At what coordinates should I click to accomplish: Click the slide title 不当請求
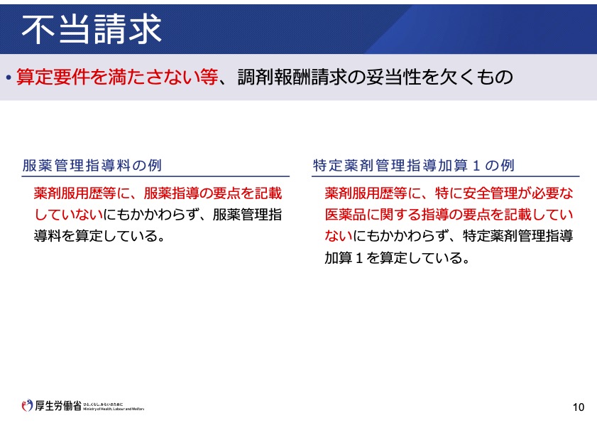(x=92, y=29)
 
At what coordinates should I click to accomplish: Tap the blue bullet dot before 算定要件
(x=9, y=78)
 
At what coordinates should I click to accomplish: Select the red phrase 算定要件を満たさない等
(x=117, y=77)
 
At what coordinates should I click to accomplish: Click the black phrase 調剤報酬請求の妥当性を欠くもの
(x=375, y=77)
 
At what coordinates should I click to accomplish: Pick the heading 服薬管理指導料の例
(x=92, y=166)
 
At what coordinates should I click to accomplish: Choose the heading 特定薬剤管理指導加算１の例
(x=414, y=166)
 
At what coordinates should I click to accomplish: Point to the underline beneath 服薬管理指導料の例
(x=155, y=176)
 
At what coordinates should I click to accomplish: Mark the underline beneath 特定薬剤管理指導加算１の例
(x=446, y=176)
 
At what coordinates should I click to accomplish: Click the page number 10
(x=579, y=407)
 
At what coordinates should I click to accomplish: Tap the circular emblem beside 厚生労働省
(x=27, y=405)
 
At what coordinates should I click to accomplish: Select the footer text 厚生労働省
(x=58, y=405)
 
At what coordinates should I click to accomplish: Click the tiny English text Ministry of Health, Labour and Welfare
(x=114, y=409)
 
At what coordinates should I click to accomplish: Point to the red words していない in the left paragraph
(x=69, y=215)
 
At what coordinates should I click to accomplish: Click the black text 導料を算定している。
(x=99, y=236)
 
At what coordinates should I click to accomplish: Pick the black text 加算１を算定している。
(x=398, y=258)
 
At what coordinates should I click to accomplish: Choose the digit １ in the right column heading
(x=476, y=166)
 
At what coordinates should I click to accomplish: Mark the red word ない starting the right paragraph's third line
(x=339, y=236)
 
